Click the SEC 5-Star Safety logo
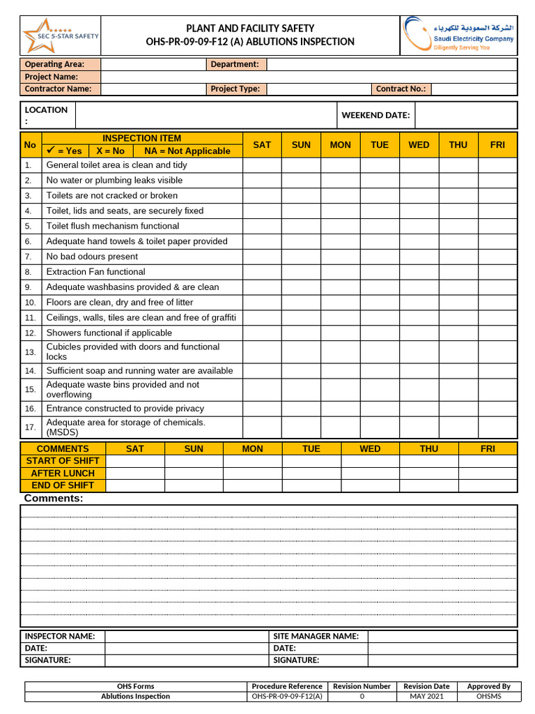tap(61, 36)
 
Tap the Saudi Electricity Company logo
tap(458, 36)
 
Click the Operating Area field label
tap(54, 64)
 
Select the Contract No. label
tap(401, 89)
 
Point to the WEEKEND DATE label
tap(375, 115)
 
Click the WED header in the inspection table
tap(419, 144)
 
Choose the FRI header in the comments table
tap(488, 448)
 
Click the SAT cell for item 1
tap(262, 165)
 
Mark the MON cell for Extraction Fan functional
tap(340, 272)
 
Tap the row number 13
tap(30, 352)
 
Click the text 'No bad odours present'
tap(92, 257)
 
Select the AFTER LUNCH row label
tap(63, 473)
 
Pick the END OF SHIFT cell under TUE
tap(311, 485)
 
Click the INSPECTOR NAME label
tap(60, 636)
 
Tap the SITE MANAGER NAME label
tap(316, 636)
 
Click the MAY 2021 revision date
tap(426, 696)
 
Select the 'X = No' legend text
tap(110, 151)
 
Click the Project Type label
tap(235, 89)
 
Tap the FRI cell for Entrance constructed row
tap(497, 409)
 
